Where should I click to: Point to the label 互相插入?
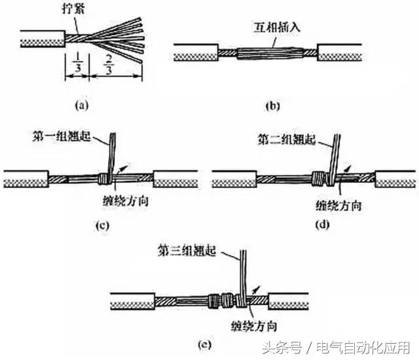(x=274, y=29)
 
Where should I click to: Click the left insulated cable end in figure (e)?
(x=132, y=300)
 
